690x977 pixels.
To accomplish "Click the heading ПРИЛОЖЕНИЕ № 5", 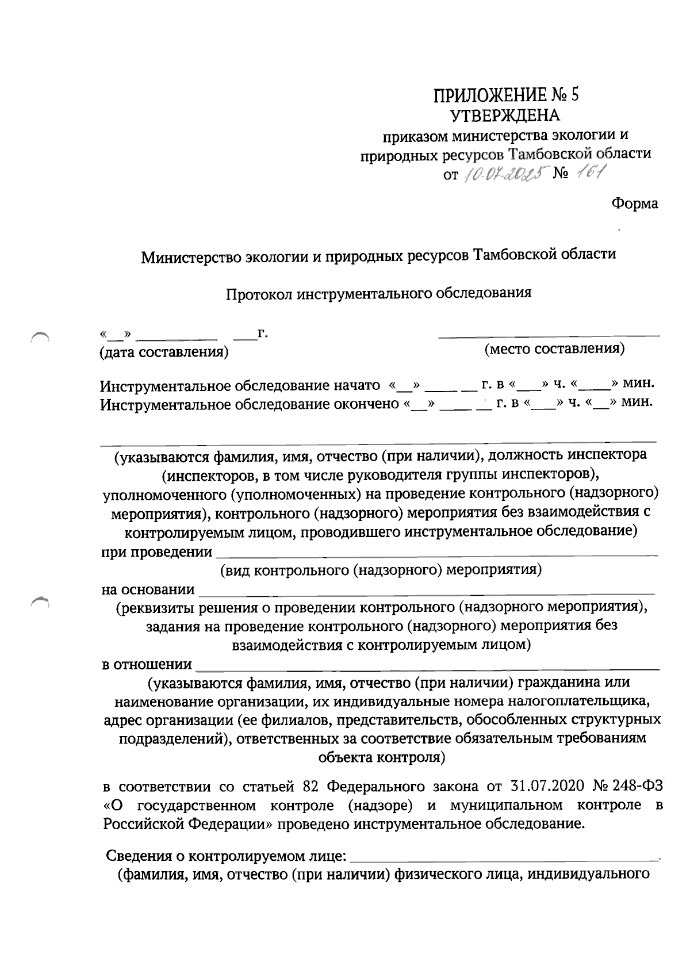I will [505, 94].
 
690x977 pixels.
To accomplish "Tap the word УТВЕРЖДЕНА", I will [505, 116].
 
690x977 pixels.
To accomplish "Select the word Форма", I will [635, 203].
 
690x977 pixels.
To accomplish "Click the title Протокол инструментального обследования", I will [378, 293].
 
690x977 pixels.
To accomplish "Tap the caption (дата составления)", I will [164, 352].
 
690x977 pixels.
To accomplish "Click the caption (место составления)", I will [554, 348].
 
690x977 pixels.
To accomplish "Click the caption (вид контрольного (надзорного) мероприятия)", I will [381, 570].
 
